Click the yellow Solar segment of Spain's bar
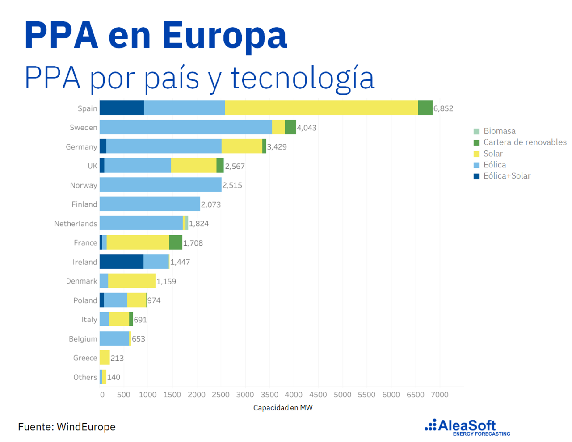coord(321,108)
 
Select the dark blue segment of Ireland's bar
coord(122,262)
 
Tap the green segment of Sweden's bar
coord(290,127)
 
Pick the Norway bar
coord(160,185)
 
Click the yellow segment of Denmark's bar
coord(132,281)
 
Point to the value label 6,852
coord(443,108)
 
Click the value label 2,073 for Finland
coord(211,204)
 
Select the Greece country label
coord(85,358)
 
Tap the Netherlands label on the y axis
coord(76,224)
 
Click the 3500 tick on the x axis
coord(269,395)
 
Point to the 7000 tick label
coord(439,395)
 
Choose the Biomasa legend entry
coord(499,131)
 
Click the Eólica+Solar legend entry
coord(507,176)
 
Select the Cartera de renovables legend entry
coord(525,142)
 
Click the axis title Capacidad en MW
coord(283,408)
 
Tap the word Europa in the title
coord(224,36)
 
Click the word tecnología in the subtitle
coord(303,78)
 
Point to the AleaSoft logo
coord(467,427)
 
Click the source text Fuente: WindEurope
coord(67,427)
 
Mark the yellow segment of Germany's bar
coord(242,146)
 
